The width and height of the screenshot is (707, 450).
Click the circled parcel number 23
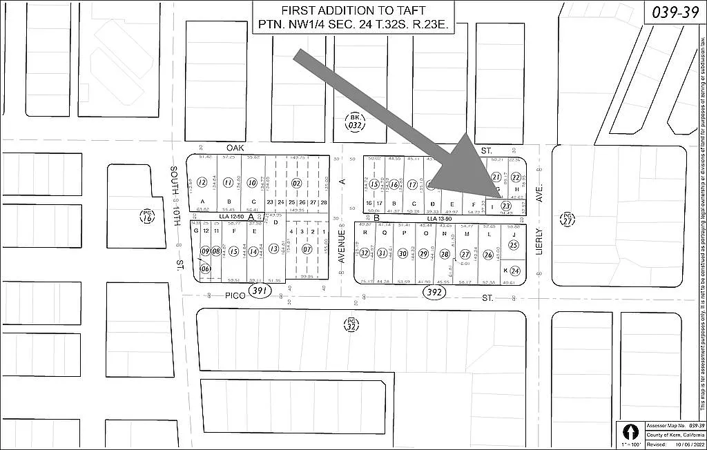pos(506,206)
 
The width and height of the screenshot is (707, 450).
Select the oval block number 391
pos(260,291)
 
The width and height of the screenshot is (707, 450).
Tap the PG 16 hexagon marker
pos(146,216)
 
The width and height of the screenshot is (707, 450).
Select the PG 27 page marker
pos(568,219)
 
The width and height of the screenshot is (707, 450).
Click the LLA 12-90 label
pos(231,216)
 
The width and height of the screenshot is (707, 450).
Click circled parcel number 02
pos(297,183)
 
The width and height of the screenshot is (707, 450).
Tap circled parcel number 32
pos(365,253)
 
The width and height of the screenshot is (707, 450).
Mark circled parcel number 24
pos(514,271)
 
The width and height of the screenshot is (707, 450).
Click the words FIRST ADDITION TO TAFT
pos(353,11)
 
